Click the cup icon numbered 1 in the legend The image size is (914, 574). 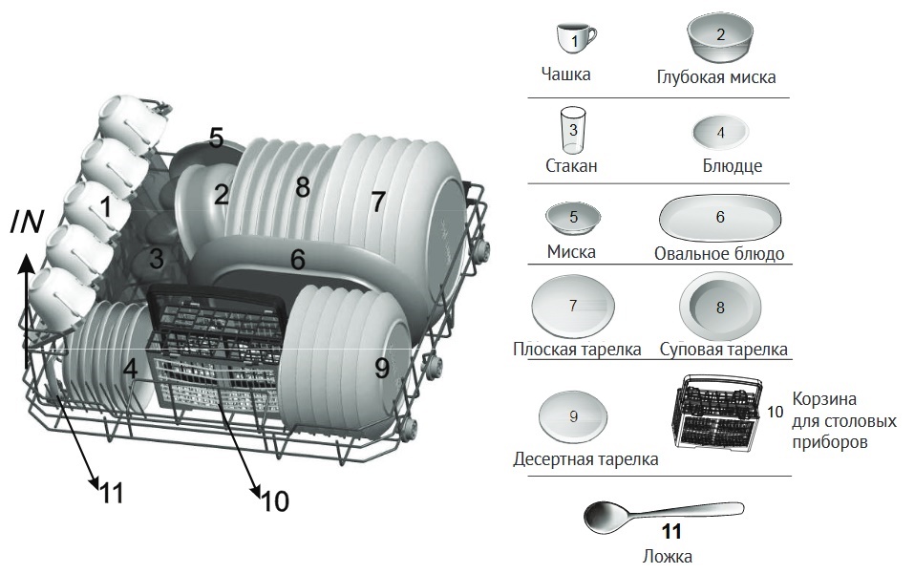click(575, 39)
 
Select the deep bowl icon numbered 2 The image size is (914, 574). click(720, 38)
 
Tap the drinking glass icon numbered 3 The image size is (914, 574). click(572, 130)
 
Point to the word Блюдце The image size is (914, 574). click(733, 165)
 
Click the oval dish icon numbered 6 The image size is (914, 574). click(720, 218)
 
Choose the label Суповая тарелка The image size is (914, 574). click(723, 349)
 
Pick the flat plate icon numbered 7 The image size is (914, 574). click(572, 306)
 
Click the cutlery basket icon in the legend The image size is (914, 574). click(718, 412)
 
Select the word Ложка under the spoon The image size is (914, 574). click(668, 556)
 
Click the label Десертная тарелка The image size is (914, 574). click(585, 459)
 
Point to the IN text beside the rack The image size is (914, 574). click(27, 222)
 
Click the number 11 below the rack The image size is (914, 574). click(112, 493)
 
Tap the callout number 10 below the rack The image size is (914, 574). click(275, 500)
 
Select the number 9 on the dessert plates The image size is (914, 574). click(382, 368)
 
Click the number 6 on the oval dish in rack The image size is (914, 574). click(298, 260)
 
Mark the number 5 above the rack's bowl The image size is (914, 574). click(216, 138)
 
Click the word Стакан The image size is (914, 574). click(571, 165)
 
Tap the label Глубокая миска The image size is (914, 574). click(715, 77)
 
